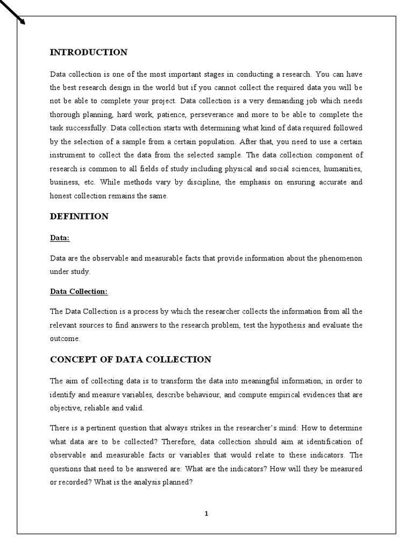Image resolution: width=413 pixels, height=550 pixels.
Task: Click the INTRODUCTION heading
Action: point(89,53)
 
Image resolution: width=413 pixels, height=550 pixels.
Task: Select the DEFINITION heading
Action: point(79,216)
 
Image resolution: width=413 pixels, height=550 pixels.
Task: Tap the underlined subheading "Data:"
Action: point(60,237)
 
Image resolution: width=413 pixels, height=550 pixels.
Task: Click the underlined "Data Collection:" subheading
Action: point(79,292)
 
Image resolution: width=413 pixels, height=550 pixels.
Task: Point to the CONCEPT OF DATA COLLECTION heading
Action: point(131,359)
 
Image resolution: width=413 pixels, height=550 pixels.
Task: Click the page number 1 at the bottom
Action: point(206,513)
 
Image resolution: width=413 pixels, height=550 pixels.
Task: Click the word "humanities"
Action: point(342,169)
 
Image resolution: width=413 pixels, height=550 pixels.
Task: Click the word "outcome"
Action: point(65,338)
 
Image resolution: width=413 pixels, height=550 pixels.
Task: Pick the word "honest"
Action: point(61,196)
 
